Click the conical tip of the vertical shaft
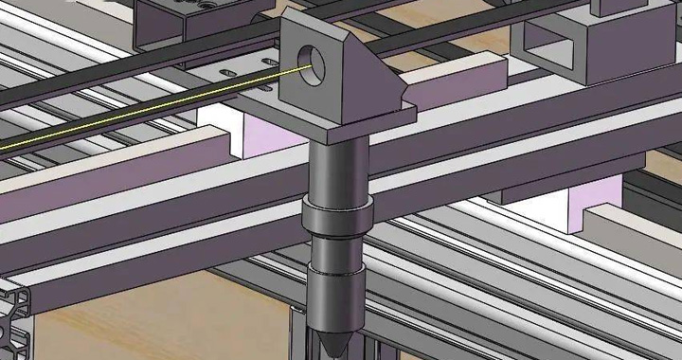tap(333, 342)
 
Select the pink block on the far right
tap(583, 207)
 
